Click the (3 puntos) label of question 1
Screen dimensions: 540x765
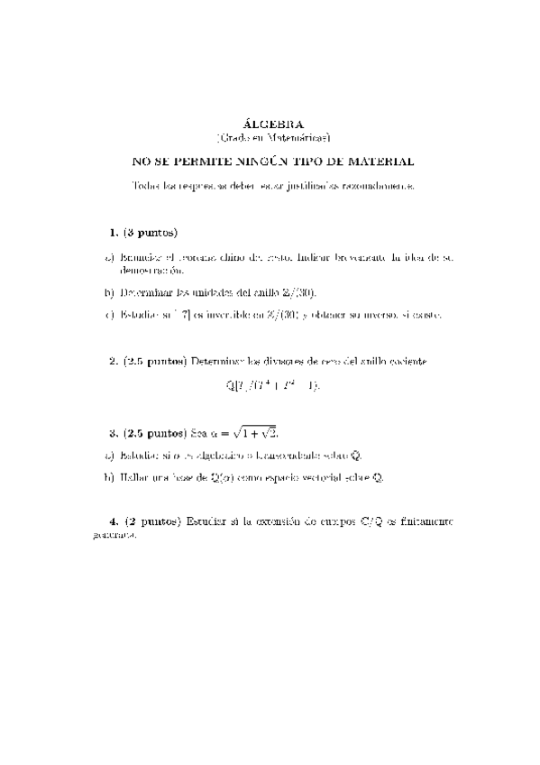tap(150, 233)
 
